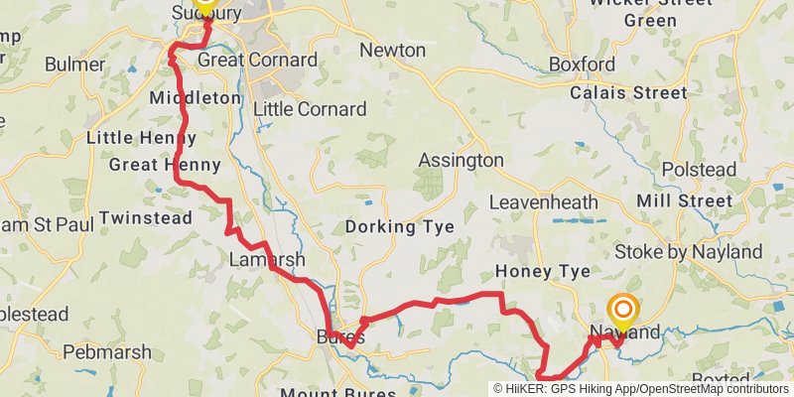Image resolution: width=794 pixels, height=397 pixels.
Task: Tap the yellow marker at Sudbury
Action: point(205,5)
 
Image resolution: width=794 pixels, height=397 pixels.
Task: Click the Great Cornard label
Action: point(258,61)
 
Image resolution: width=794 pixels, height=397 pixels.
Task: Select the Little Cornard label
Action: point(310,109)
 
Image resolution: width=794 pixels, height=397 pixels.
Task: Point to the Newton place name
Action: point(392,51)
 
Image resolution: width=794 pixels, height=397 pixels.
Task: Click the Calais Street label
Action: point(628,93)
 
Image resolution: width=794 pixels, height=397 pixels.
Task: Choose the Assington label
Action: point(461,160)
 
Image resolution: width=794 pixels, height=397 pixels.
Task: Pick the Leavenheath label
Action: point(544,202)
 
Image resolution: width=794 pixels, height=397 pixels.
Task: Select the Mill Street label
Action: point(712,201)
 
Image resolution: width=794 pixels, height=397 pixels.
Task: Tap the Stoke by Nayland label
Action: point(687,252)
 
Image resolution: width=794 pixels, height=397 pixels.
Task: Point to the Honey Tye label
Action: point(542,272)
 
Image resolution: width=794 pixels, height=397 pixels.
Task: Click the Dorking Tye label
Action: point(399,227)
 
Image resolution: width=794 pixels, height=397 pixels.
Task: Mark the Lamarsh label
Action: point(267,260)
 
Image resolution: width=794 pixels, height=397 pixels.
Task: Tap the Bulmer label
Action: point(74,65)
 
